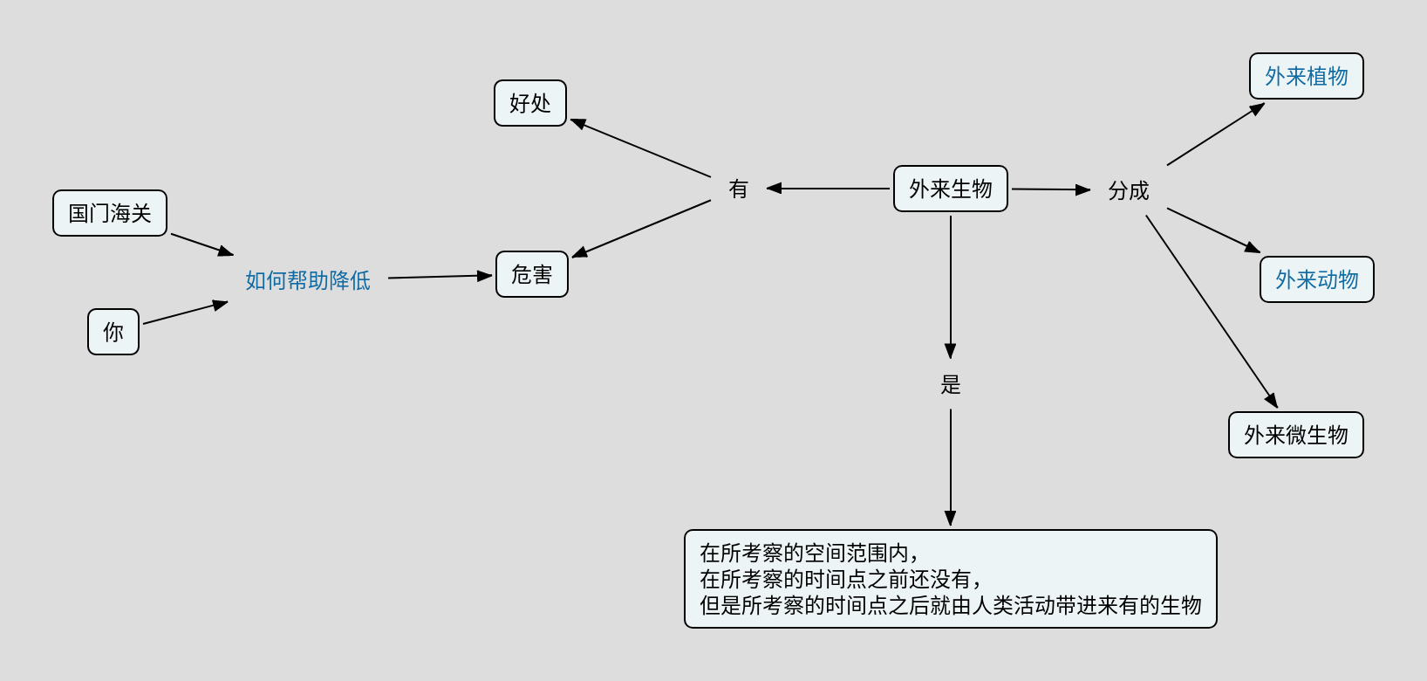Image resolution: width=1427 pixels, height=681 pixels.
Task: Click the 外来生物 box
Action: (950, 189)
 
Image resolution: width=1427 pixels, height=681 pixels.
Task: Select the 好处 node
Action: (530, 103)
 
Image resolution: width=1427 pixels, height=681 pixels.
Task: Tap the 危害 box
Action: (532, 274)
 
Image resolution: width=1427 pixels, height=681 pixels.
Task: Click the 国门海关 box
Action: (110, 213)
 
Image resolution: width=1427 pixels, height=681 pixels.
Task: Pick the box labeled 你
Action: (113, 332)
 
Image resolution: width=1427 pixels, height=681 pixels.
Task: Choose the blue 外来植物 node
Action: (1306, 76)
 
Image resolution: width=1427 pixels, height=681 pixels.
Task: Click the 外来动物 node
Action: (1316, 279)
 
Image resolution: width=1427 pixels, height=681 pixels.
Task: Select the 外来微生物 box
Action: (1295, 435)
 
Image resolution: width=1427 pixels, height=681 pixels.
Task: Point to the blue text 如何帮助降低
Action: (308, 280)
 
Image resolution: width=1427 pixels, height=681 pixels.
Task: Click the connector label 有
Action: (739, 189)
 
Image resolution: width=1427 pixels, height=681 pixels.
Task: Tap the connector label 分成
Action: (1129, 190)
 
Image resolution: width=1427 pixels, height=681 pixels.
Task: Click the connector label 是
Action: (951, 384)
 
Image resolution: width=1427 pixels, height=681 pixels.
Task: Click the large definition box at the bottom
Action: (950, 579)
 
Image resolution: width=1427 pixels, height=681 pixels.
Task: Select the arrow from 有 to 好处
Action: (641, 148)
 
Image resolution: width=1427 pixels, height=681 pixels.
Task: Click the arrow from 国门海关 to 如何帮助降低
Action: (202, 244)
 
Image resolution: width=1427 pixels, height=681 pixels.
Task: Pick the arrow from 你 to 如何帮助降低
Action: (185, 313)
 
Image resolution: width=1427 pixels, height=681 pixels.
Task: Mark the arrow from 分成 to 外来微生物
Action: (1211, 311)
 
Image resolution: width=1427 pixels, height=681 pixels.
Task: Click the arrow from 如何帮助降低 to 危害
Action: (440, 277)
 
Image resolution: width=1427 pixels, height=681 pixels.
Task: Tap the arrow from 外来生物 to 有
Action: (829, 189)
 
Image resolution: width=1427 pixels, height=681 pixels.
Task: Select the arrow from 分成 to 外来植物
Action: (1215, 134)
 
